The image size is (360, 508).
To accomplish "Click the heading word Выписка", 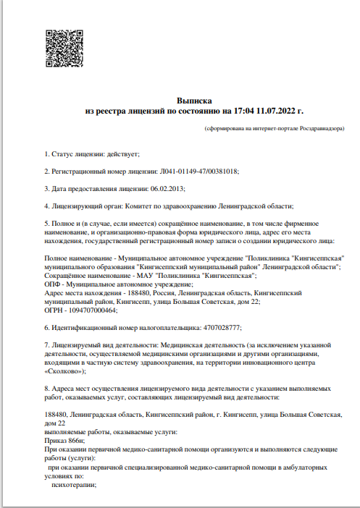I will point(194,100).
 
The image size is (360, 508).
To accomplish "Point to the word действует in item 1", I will point(122,154).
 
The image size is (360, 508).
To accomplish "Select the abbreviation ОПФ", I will point(54,284).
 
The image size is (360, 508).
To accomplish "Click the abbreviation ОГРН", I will point(55,310).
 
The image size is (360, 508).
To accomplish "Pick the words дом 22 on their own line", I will point(56,423).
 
